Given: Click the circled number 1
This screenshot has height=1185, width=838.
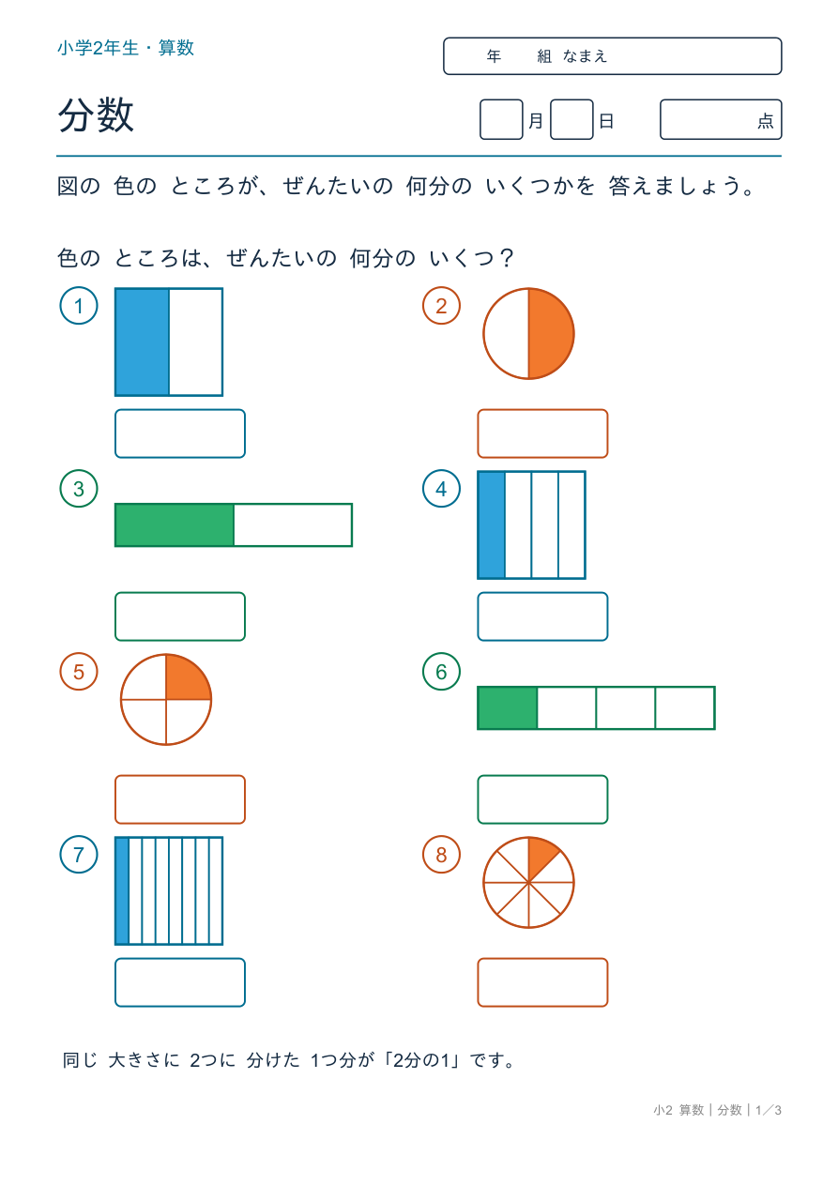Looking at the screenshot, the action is click(x=79, y=306).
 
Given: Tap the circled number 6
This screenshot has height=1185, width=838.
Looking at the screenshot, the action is click(x=441, y=672).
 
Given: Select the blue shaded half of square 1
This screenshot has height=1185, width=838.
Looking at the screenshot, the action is click(x=143, y=342).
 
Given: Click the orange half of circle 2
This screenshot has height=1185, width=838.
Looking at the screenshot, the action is click(x=550, y=334).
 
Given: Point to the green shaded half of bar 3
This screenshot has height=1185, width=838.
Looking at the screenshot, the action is click(x=175, y=525).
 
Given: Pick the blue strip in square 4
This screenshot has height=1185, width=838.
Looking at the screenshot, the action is click(x=492, y=525).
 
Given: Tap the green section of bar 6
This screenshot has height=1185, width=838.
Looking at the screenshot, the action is click(x=508, y=708).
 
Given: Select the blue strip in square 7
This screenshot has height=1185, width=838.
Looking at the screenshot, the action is click(x=122, y=891).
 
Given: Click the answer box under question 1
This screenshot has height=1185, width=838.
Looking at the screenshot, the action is click(x=180, y=433).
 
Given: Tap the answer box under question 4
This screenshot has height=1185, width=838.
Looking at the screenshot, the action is click(x=542, y=616).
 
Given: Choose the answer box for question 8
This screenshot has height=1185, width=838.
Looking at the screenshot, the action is click(x=542, y=982).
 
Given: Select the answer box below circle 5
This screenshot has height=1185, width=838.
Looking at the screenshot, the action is click(x=180, y=799).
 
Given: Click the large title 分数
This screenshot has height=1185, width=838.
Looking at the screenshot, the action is click(x=96, y=114).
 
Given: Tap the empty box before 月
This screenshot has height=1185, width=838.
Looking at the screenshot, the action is click(x=501, y=119).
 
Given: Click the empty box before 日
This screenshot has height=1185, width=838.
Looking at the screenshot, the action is click(x=571, y=119).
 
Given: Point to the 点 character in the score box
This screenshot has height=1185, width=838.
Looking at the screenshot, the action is click(x=766, y=121).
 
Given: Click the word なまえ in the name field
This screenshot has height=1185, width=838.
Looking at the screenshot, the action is click(x=585, y=56).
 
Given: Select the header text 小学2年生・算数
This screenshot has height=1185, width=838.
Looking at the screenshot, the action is click(x=126, y=48).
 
